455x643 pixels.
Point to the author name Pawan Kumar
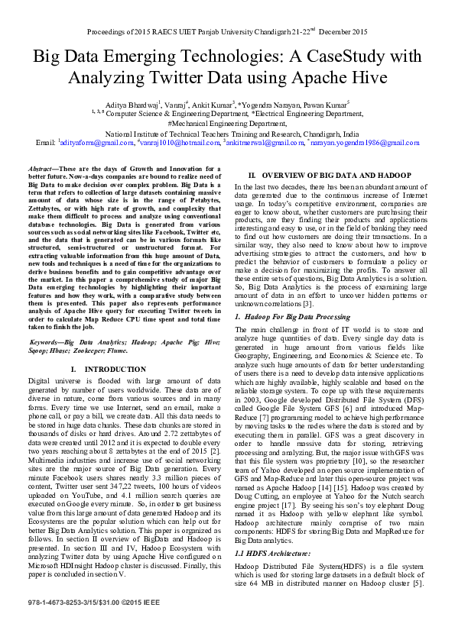coord(326,103)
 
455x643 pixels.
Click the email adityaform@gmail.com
coord(89,143)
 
